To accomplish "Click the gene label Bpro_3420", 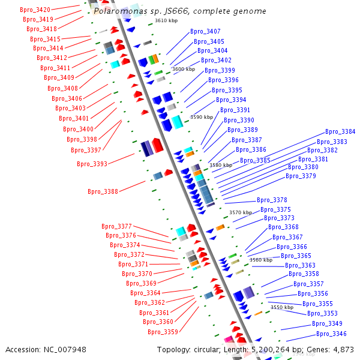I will tap(35, 10).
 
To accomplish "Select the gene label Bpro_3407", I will tap(205, 31).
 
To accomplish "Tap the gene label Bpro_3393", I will tap(92, 164).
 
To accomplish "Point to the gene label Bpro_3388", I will tap(103, 191).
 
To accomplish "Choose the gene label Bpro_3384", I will tap(340, 131).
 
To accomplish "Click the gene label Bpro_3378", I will tap(272, 200).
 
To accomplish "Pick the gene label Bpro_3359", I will tap(163, 332).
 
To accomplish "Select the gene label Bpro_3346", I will tap(331, 334).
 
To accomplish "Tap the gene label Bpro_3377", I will tap(116, 226).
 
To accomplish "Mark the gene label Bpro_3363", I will tap(300, 265).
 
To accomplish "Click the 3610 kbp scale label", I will tap(166, 20).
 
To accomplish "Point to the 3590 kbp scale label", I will tap(202, 117).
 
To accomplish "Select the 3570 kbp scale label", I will tap(241, 212).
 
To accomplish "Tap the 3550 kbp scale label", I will tap(282, 307).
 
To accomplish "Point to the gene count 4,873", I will tap(342, 349).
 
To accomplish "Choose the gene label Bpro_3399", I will tap(220, 70).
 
